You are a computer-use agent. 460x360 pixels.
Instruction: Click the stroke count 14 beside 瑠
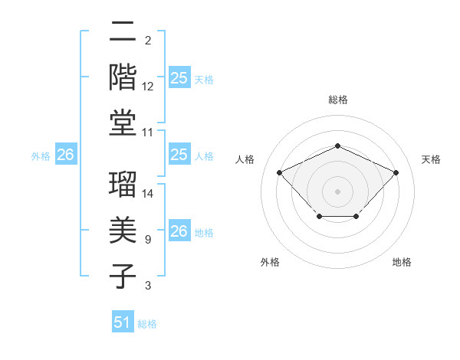149,193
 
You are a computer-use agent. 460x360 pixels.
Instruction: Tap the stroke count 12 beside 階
149,87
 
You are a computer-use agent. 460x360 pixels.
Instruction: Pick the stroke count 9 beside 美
147,240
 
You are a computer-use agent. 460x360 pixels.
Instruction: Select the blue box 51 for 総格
123,322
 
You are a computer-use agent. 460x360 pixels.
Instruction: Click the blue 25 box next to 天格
179,77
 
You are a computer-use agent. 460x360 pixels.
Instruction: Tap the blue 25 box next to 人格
179,155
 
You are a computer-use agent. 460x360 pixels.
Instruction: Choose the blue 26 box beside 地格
179,231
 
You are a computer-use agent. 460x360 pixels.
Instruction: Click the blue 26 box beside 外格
65,155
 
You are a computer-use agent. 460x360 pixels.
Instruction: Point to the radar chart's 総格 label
337,100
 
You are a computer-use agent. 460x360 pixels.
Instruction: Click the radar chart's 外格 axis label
270,262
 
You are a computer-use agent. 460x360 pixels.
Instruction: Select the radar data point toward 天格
396,172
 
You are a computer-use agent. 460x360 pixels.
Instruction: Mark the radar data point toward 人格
280,172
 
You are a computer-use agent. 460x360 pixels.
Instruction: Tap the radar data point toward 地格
356,218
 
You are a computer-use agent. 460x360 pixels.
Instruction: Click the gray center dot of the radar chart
337,191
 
